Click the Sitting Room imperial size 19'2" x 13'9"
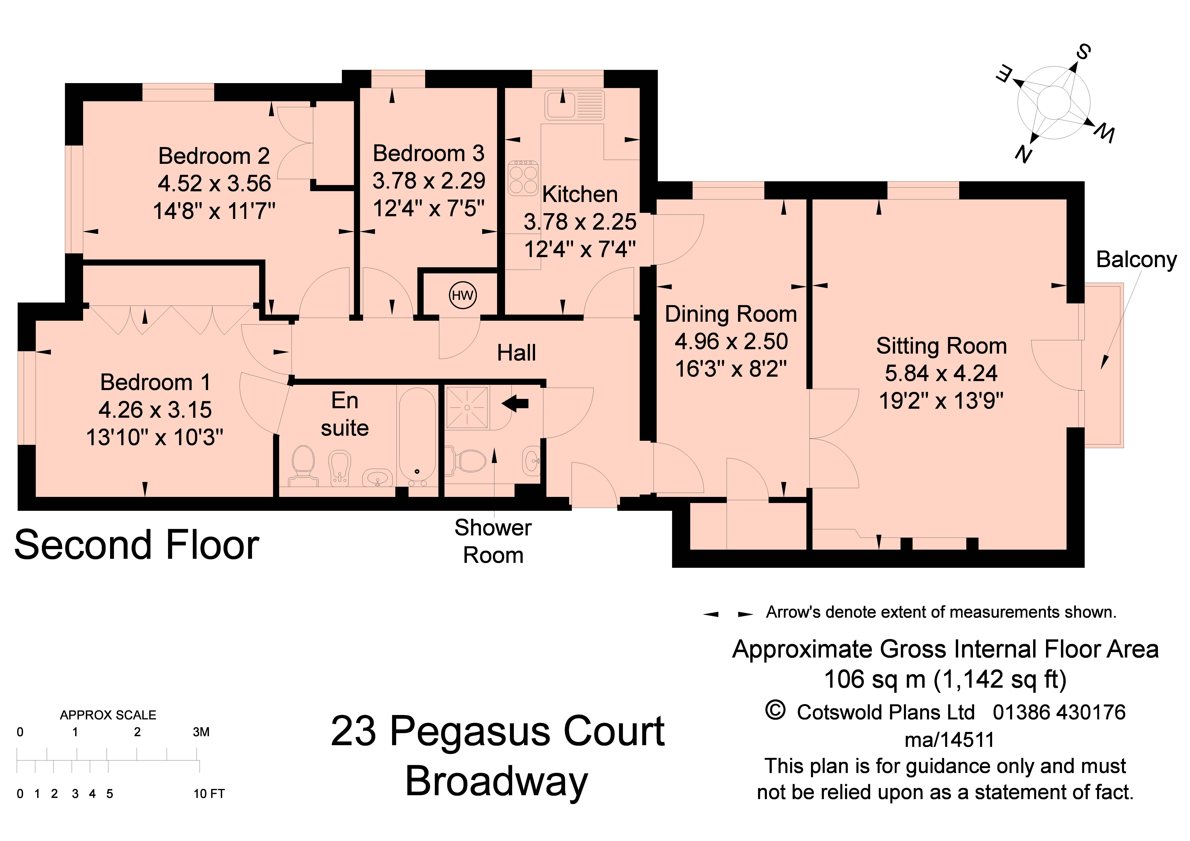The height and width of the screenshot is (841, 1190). (941, 401)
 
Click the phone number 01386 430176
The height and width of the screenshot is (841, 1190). (1059, 712)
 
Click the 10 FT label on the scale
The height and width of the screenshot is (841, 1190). (209, 794)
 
